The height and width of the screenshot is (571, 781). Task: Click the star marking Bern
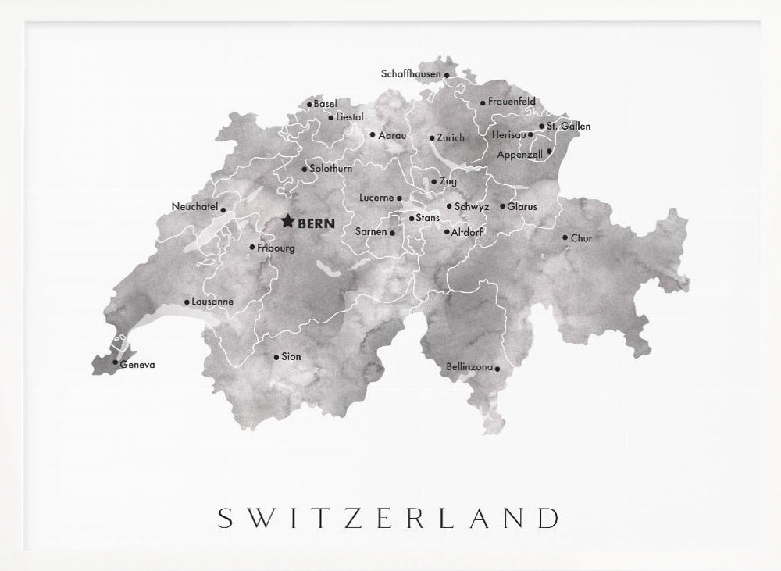[287, 222]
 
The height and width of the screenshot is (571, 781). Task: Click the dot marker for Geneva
[115, 362]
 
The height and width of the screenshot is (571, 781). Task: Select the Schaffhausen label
[411, 74]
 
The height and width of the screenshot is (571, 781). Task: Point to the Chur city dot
[565, 237]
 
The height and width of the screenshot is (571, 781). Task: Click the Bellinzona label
[469, 366]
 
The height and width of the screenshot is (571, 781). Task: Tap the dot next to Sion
[276, 357]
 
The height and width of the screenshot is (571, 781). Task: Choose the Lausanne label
[213, 302]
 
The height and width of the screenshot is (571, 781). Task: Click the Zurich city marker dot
[432, 138]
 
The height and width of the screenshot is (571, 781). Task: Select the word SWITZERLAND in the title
[388, 518]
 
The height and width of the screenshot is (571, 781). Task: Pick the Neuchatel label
[194, 207]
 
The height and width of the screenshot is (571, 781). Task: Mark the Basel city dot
[309, 104]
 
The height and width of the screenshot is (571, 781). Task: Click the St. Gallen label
[569, 126]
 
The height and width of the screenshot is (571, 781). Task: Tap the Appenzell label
[519, 155]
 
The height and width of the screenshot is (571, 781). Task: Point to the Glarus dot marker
[503, 206]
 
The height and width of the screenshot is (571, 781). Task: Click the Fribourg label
[276, 248]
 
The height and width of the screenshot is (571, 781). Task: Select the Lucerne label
[376, 198]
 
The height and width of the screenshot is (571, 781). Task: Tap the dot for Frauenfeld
[483, 102]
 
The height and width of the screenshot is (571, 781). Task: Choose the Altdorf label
[467, 232]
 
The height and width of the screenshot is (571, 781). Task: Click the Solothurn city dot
[304, 169]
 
